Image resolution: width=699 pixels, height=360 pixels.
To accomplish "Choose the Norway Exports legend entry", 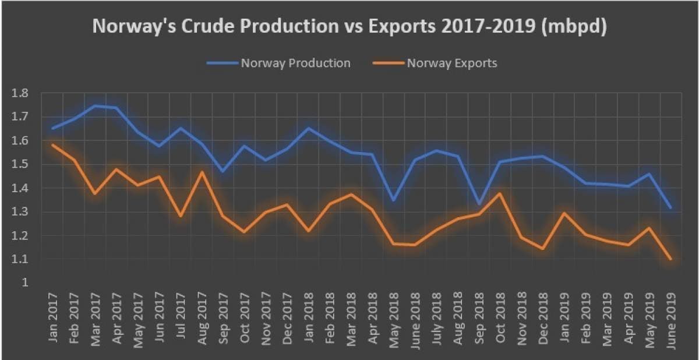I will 451,63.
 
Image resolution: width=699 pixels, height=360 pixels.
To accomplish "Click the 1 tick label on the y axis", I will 24,283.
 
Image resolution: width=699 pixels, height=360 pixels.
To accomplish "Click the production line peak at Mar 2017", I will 96,106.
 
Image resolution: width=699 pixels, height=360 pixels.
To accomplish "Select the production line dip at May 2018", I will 394,200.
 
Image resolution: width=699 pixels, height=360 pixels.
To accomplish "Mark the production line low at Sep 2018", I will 479,204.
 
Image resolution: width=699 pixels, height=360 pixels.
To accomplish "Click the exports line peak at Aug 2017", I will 202,172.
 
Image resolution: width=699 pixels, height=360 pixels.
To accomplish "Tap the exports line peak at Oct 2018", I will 500,193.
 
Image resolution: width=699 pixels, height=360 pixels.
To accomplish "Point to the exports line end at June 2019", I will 670,259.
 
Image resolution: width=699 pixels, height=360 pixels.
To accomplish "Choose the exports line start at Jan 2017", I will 53,145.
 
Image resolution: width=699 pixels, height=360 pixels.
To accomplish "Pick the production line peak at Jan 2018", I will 308,128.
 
